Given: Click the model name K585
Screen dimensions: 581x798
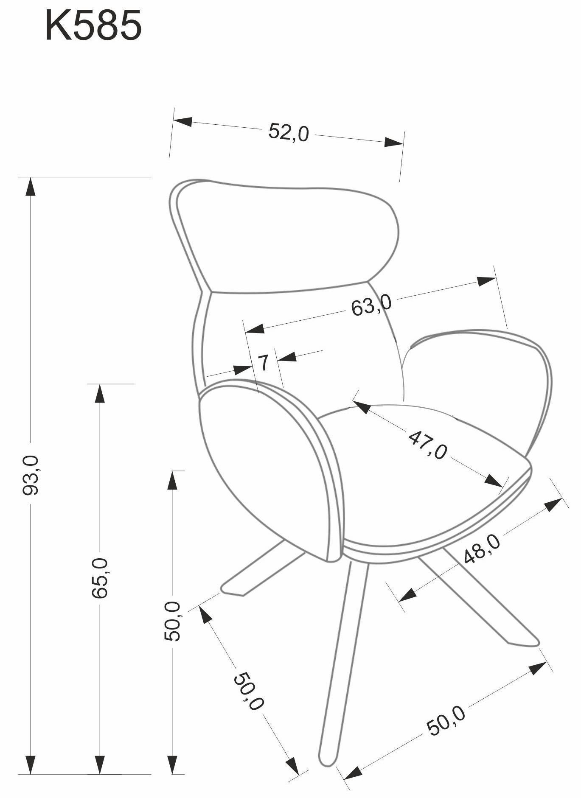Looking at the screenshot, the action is coord(93,26).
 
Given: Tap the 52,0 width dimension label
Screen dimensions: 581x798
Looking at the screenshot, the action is coord(289,132).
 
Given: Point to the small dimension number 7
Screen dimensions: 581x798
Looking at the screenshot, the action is coord(264,363).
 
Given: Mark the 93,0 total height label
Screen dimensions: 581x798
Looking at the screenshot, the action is coord(31,475).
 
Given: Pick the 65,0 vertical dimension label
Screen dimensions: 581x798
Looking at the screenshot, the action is coord(101,578).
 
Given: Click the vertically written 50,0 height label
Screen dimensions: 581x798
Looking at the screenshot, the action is coord(173,621).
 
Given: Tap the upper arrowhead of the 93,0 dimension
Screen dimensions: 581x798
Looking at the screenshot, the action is coord(30,187).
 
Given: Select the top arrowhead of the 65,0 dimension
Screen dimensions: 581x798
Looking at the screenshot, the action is coord(100,394).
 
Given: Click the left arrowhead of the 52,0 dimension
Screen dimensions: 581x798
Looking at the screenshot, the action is coord(183,121).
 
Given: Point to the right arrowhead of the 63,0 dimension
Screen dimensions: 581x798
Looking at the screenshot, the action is coord(486,281).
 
